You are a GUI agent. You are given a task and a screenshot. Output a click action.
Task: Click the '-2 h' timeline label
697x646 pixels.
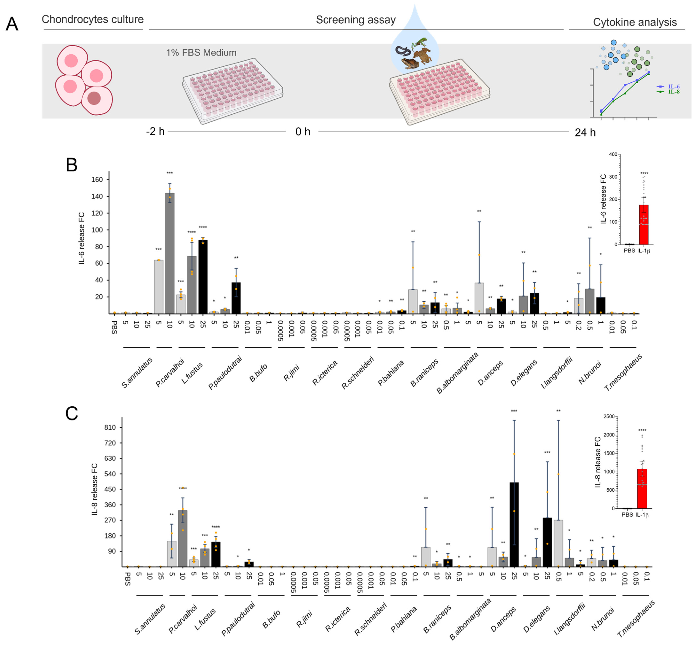[155, 131]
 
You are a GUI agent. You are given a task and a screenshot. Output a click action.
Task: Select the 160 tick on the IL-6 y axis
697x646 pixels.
[97, 180]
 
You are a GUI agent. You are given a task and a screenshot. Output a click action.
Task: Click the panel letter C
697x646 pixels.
[72, 413]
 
